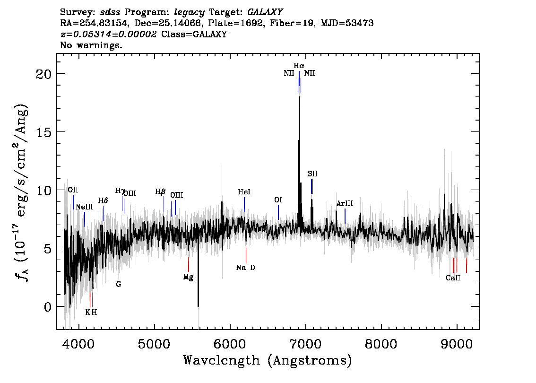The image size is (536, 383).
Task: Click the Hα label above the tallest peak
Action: (x=299, y=65)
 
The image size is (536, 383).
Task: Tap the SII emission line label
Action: (x=312, y=174)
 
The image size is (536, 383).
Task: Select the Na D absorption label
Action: (x=245, y=268)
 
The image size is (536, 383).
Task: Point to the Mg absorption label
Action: (x=188, y=277)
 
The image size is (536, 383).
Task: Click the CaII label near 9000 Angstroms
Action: (x=453, y=278)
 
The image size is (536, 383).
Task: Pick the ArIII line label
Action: (x=345, y=204)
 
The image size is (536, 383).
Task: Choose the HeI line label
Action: (x=244, y=192)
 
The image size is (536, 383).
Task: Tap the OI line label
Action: (x=278, y=200)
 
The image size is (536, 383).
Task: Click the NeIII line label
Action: (x=84, y=207)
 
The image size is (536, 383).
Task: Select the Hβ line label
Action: (x=160, y=191)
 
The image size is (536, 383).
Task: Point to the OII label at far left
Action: (x=73, y=190)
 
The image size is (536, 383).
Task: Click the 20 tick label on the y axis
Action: (x=44, y=74)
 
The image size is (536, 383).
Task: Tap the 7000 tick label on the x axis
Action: (x=305, y=343)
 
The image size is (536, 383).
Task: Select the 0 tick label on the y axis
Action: (x=48, y=307)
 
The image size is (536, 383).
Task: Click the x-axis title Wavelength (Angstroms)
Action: (x=268, y=360)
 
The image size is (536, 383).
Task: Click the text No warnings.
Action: (x=91, y=45)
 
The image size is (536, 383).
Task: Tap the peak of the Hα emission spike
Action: (x=300, y=97)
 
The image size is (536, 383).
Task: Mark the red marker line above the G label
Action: (x=119, y=272)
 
